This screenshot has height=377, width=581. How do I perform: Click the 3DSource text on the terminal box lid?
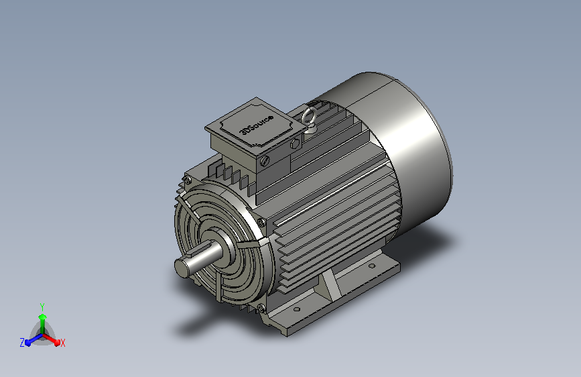click(257, 125)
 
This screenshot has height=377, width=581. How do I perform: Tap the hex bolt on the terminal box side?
click(295, 144)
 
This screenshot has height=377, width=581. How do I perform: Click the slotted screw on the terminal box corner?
click(265, 161)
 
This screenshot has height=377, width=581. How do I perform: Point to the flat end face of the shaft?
click(182, 268)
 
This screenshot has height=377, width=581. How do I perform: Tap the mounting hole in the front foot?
click(296, 309)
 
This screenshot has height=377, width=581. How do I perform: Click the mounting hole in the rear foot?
click(372, 266)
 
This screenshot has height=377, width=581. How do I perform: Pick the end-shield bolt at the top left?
click(188, 180)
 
